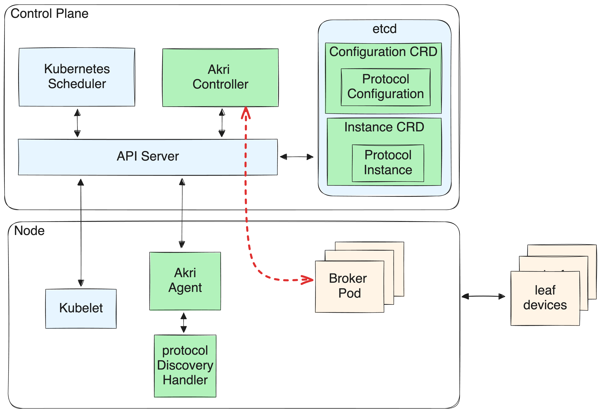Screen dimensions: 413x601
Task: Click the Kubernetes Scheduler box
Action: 77,77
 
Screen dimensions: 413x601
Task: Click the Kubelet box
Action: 81,308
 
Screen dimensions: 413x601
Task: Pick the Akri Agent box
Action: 185,281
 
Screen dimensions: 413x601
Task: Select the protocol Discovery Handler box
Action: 185,366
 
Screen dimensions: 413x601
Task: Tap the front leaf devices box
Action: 545,298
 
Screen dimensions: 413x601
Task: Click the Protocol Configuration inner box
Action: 385,87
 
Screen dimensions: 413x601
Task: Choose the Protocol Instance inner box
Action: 388,163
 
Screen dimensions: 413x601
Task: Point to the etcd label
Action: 384,29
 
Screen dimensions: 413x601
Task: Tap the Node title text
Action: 29,231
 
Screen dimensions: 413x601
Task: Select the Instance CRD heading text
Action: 384,127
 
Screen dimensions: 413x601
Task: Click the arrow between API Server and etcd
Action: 297,157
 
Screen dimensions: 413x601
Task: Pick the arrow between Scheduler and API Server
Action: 77,123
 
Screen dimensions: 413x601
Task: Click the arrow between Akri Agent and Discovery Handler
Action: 184,322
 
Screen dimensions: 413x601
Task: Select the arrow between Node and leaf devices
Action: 483,296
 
